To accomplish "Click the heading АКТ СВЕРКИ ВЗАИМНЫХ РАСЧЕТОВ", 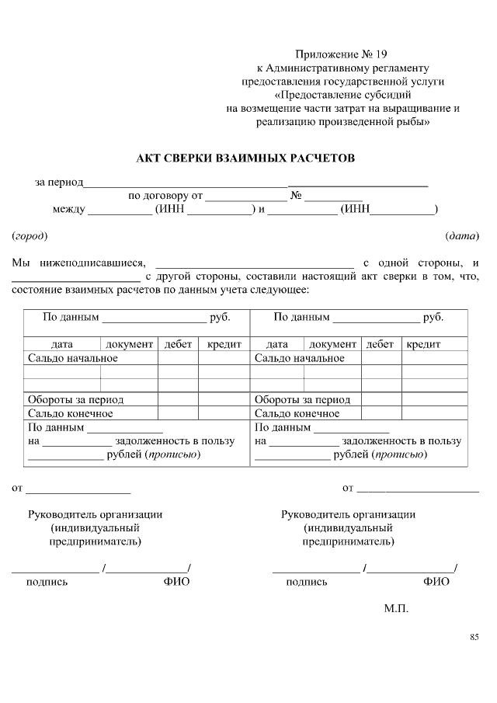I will click(x=245, y=158).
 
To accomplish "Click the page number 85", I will click(x=474, y=638).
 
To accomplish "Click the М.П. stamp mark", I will click(x=395, y=608).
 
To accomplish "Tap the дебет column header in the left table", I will click(x=178, y=344).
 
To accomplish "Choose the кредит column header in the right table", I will click(x=422, y=344).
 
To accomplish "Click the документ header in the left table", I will click(x=129, y=344).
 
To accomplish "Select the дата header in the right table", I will click(x=277, y=344).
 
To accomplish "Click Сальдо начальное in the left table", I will click(x=73, y=358).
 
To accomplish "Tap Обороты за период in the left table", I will click(x=76, y=399).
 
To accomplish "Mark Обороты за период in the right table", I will click(x=303, y=399).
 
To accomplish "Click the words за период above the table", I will click(x=59, y=183).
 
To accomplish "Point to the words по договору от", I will click(x=165, y=196).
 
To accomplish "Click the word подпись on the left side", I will click(x=47, y=582).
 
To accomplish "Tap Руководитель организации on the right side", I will click(x=348, y=514).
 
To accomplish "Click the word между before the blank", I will click(x=68, y=209).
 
